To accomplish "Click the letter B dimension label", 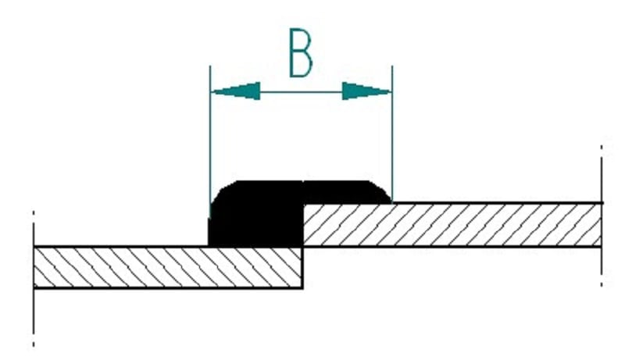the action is pos(300,52).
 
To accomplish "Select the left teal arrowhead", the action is pos(236,91).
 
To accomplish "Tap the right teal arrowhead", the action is pos(366,91).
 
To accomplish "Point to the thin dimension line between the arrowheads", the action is pos(302,91).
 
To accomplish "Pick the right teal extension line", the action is pos(392,134).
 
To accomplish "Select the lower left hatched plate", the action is pos(168,267).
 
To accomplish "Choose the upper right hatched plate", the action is pos(452,225).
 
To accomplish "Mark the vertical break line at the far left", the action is pos(34,279).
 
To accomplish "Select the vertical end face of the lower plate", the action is pos(302,268).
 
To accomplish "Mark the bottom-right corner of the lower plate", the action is pos(302,287).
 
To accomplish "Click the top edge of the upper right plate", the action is pos(497,203).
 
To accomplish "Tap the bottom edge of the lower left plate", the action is pos(168,287).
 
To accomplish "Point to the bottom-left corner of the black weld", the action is pos(209,246).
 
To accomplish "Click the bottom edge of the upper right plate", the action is pos(452,247).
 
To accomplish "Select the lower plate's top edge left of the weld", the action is pos(121,247).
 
